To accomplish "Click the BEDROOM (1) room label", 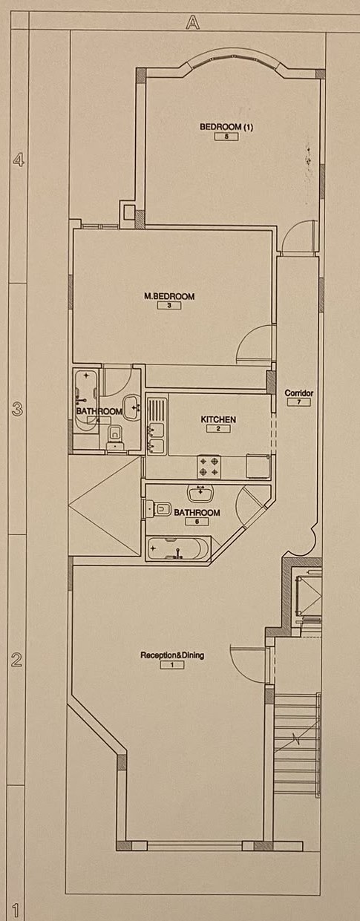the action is click(x=226, y=127).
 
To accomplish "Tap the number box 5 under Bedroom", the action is click(x=226, y=137).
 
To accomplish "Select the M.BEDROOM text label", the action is click(x=169, y=296).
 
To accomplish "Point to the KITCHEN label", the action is click(x=218, y=419).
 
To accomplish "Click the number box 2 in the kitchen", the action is click(x=218, y=429).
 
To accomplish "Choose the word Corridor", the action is click(x=299, y=393).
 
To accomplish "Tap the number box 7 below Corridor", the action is click(x=298, y=401).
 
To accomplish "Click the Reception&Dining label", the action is click(x=172, y=655).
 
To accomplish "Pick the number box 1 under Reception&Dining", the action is click(x=172, y=664).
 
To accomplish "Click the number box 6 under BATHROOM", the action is click(x=197, y=521).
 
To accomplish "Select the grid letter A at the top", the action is click(x=192, y=22).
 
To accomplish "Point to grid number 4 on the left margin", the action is click(x=19, y=160).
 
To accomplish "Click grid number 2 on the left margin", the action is click(x=16, y=660).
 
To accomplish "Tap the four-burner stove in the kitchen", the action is click(x=209, y=467).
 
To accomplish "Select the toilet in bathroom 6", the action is click(x=159, y=510).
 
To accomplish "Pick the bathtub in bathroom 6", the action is click(x=179, y=548).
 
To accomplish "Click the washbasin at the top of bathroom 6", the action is click(x=200, y=493).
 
